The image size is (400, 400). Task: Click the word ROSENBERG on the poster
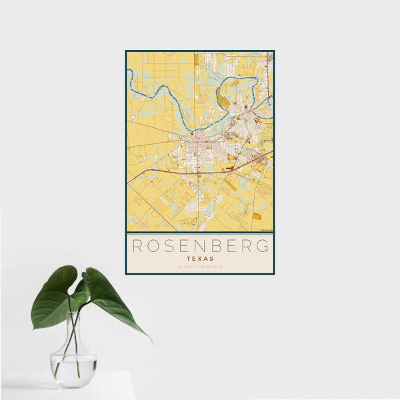click(x=200, y=246)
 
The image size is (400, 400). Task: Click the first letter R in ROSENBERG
click(x=135, y=246)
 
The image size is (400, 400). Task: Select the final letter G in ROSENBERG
click(x=264, y=246)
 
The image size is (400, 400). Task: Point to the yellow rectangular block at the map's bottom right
click(x=257, y=216)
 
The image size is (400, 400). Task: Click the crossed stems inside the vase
click(x=73, y=347)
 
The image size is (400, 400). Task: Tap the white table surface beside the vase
click(x=113, y=387)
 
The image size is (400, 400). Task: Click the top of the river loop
click(x=240, y=78)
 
